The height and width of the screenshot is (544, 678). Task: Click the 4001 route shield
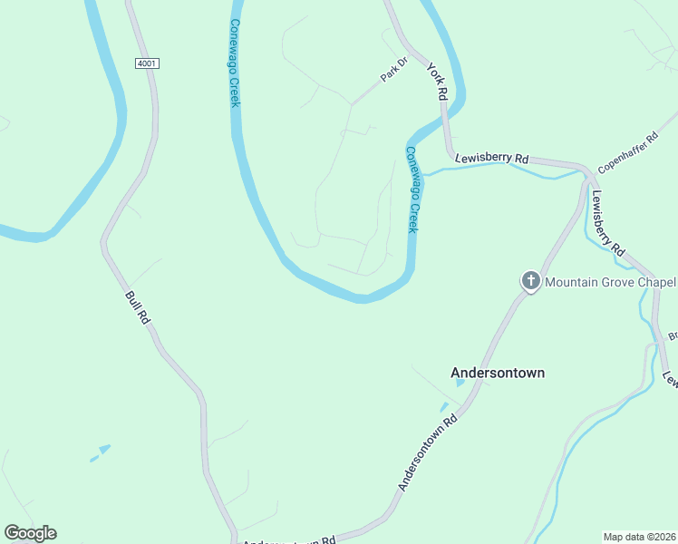pos(147,63)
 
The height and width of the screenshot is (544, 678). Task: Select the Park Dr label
pos(394,70)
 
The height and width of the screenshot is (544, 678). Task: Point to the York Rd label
pos(438,82)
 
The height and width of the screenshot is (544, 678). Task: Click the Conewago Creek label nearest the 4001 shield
pos(234,63)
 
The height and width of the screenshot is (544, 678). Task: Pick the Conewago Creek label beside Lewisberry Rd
pos(413,190)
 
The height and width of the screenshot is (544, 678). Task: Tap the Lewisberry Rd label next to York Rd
pos(492,158)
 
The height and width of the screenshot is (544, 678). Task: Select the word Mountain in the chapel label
pos(572,282)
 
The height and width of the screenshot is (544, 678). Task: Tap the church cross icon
pos(530,282)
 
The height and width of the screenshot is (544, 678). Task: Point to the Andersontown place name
pos(498,373)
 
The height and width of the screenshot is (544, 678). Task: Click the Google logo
pos(30,533)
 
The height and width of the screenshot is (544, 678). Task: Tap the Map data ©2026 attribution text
pos(639,537)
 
